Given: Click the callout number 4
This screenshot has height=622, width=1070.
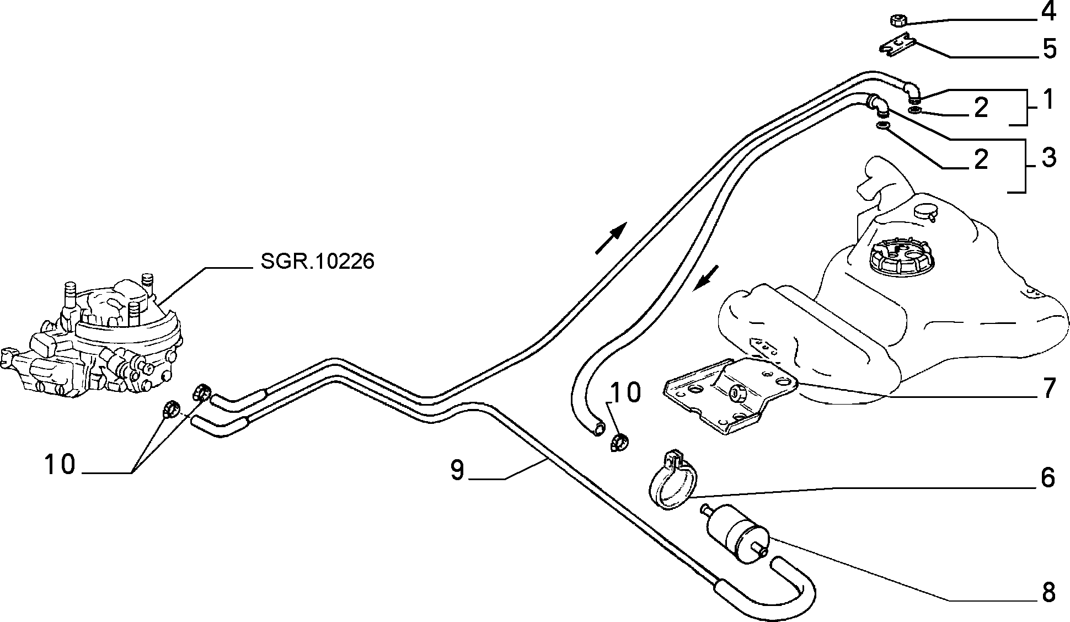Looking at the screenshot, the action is (x=1047, y=12).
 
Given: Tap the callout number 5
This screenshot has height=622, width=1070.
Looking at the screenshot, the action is (x=1048, y=49).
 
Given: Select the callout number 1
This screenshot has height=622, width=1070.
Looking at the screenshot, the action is (x=1048, y=100).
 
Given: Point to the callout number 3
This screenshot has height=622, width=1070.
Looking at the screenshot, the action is (x=1047, y=158).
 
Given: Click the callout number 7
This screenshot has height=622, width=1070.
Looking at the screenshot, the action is (x=1048, y=389).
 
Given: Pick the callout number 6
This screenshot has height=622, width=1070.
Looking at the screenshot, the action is (x=1047, y=478).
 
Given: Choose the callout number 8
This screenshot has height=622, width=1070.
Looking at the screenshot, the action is (x=1047, y=593).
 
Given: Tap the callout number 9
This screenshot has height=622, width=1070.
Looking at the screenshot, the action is (x=457, y=470).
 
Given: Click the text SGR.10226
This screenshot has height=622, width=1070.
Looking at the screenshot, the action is (x=317, y=262).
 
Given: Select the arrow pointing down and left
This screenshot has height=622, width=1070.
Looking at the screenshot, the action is (x=707, y=278).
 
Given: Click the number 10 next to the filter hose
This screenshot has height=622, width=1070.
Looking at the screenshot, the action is (x=625, y=393).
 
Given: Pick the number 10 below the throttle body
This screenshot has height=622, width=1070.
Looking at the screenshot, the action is (x=60, y=465).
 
